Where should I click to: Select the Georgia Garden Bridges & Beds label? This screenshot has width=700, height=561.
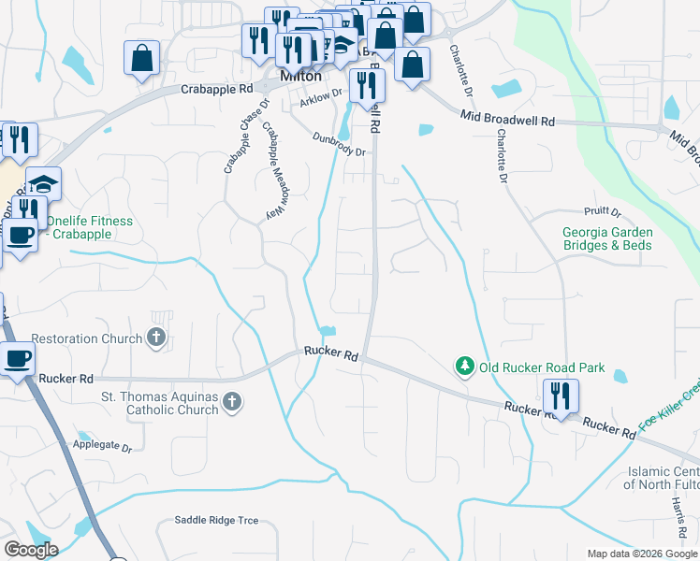(607, 238)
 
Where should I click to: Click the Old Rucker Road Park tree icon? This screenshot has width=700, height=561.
(464, 367)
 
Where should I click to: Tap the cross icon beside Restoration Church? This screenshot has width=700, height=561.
(156, 338)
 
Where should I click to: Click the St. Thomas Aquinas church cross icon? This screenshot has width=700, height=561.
(231, 403)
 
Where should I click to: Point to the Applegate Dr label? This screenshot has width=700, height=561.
(103, 449)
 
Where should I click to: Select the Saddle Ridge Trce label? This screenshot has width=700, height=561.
(216, 520)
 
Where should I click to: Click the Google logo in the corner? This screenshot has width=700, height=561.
(31, 550)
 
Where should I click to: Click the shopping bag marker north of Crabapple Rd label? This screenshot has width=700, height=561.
(141, 57)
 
